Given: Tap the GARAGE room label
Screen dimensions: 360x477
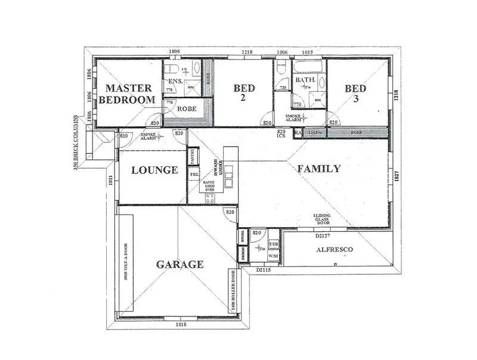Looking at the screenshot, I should (x=179, y=265).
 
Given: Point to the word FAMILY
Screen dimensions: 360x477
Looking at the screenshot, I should (x=319, y=169).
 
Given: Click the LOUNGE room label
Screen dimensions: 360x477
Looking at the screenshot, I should (x=154, y=170).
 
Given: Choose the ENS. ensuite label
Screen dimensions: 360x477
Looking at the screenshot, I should (x=175, y=82).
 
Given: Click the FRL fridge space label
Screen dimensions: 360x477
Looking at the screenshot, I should (x=194, y=174).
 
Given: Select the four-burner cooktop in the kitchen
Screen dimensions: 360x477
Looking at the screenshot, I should (x=210, y=199).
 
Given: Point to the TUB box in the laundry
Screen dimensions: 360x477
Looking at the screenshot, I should (x=273, y=245).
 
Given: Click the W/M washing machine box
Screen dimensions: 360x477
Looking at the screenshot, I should (x=273, y=256).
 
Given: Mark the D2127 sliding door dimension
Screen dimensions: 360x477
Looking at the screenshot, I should (x=323, y=235).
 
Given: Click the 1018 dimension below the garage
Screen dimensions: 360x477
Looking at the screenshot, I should (x=182, y=324).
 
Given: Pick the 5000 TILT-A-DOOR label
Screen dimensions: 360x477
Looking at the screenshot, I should (x=125, y=262).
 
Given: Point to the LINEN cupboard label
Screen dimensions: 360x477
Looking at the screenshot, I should (x=315, y=132).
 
